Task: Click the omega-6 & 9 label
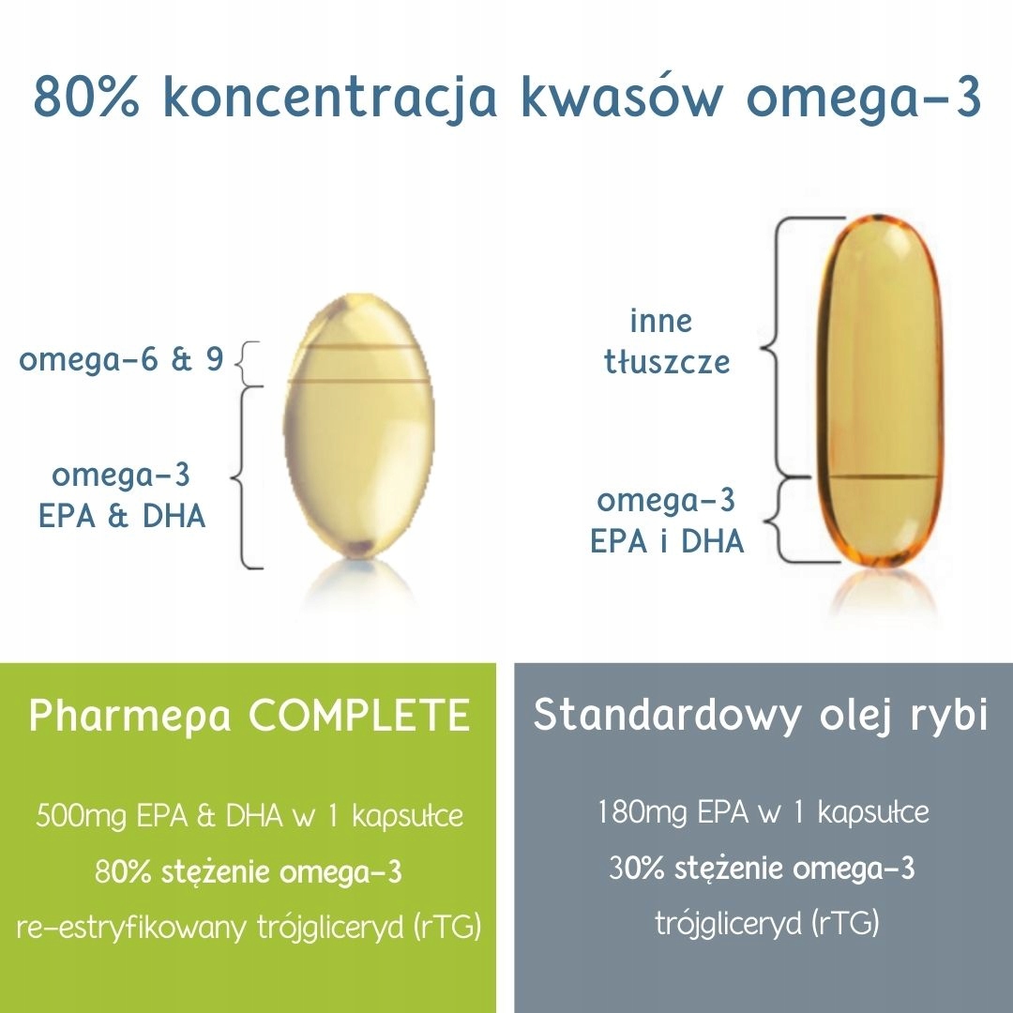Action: [122, 359]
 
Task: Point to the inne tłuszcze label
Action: [666, 341]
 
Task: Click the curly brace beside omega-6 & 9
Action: [240, 364]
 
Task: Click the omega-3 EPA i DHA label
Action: [666, 521]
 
